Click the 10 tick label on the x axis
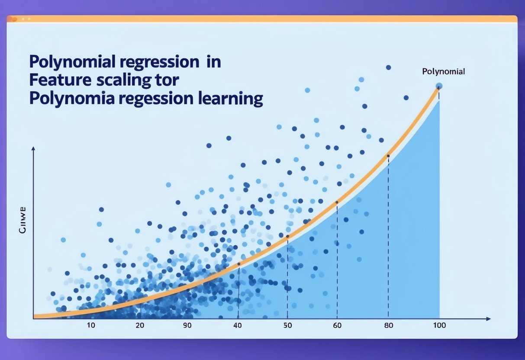pyautogui.click(x=91, y=325)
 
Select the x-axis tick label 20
pyautogui.click(x=139, y=325)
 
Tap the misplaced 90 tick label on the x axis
pyautogui.click(x=187, y=325)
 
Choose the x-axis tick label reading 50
pyautogui.click(x=288, y=325)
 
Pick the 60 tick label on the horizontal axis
pyautogui.click(x=338, y=325)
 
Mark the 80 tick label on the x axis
pyautogui.click(x=389, y=325)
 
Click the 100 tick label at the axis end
pyautogui.click(x=439, y=325)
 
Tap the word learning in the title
pyautogui.click(x=230, y=99)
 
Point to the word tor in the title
pyautogui.click(x=169, y=80)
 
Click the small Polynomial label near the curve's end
pyautogui.click(x=443, y=72)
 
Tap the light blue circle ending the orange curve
pyautogui.click(x=439, y=86)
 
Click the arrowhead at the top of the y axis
pyautogui.click(x=33, y=149)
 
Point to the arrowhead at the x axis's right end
pyautogui.click(x=489, y=319)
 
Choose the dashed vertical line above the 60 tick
pyautogui.click(x=337, y=260)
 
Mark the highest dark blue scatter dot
pyautogui.click(x=388, y=67)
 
